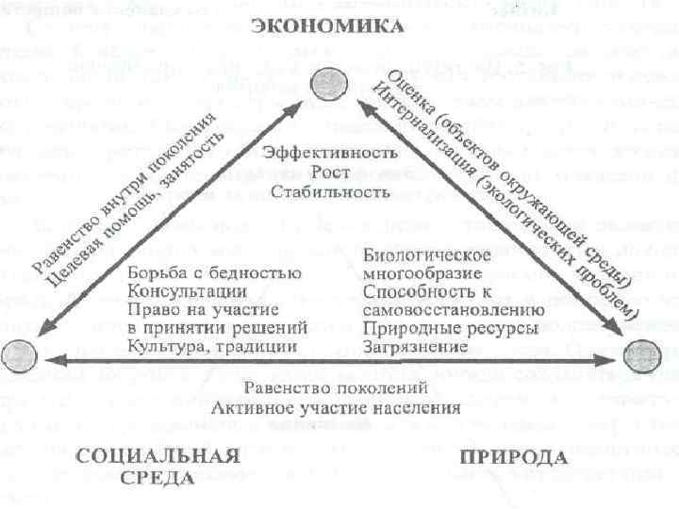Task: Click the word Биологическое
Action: [x=425, y=254]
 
